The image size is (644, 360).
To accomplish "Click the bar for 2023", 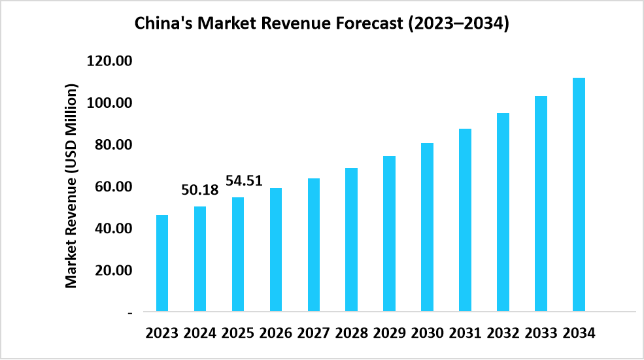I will pos(162,263).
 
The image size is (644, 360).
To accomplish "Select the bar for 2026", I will pos(276,250).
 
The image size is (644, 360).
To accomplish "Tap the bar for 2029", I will pos(389,233).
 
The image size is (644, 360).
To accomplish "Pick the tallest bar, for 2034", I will pos(579,194).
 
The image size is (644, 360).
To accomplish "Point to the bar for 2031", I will pos(465,220).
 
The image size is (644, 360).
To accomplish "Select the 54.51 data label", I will pos(244,180).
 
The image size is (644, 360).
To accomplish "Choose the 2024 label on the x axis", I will pos(200,333).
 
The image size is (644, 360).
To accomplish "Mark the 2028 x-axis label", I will pos(352,333).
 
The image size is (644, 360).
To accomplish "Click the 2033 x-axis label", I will pos(541,333).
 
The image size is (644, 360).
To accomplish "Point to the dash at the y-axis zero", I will pos(130,313).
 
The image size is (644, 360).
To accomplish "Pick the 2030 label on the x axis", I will pos(427,333).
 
